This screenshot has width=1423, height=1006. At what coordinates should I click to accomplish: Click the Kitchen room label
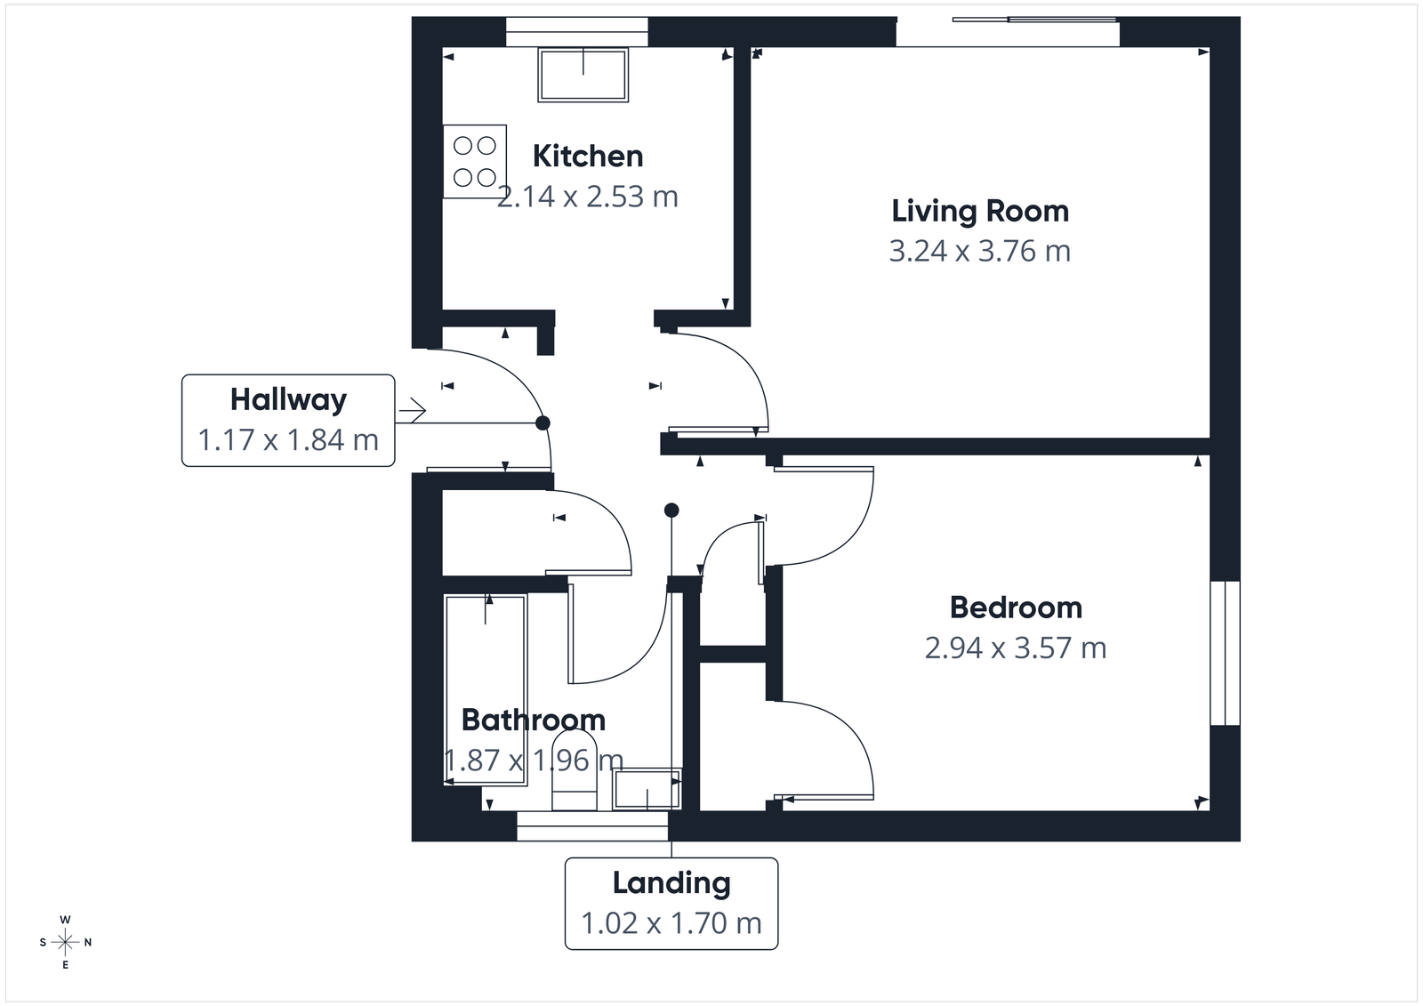click(587, 157)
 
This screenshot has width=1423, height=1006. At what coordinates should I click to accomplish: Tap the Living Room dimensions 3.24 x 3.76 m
click(979, 252)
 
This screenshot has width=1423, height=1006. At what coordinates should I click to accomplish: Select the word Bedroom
click(1016, 608)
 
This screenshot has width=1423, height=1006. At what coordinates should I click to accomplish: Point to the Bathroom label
click(533, 720)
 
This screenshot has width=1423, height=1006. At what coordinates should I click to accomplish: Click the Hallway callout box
click(288, 420)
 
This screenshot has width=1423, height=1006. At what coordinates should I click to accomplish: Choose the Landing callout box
click(671, 903)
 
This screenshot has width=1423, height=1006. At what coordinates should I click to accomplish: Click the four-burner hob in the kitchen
click(475, 161)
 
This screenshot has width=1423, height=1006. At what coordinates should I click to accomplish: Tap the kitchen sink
click(583, 75)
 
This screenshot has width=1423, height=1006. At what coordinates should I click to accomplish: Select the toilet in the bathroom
click(575, 770)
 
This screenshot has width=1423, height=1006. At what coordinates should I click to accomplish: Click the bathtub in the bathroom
click(486, 689)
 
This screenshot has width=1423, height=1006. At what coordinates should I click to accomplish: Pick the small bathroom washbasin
click(647, 789)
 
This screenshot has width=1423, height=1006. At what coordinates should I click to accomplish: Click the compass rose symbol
click(65, 942)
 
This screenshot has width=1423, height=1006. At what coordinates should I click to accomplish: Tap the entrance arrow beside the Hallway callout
click(413, 410)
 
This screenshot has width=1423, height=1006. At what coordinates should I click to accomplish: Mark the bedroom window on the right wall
click(1226, 654)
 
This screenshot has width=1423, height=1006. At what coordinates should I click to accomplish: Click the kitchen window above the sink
click(577, 32)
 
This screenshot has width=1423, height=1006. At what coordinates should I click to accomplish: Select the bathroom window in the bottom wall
click(592, 826)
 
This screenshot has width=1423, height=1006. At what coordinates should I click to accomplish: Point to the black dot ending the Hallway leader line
click(543, 423)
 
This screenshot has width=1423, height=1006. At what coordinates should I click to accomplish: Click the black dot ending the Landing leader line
click(671, 511)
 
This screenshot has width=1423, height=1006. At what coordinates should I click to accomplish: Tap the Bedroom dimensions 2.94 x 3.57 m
click(1016, 648)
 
